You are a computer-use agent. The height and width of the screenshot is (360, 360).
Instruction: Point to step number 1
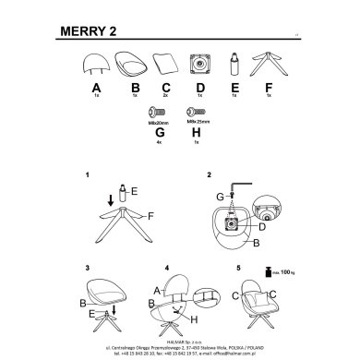(x=86, y=174)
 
